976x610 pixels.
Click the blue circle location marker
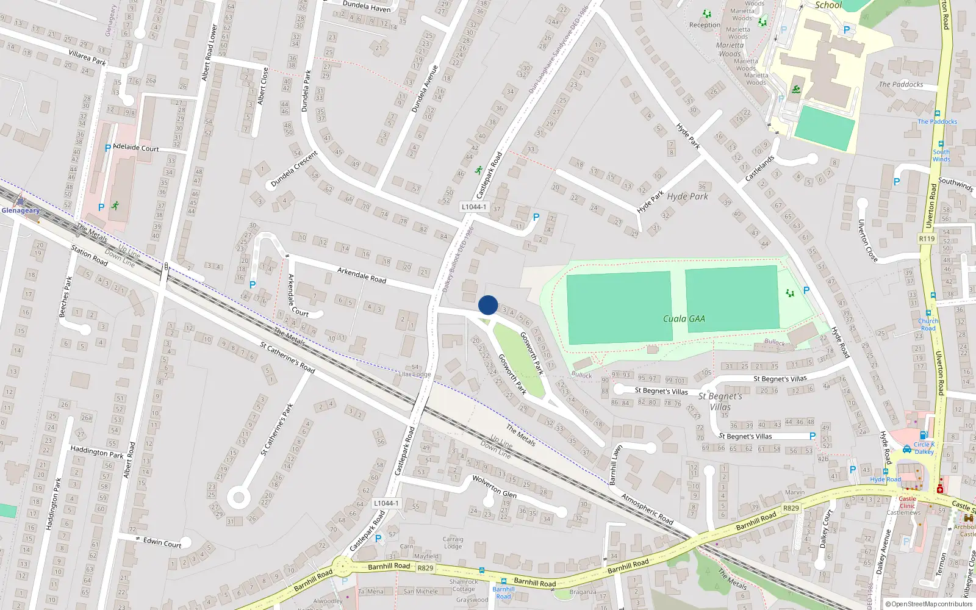pyautogui.click(x=488, y=305)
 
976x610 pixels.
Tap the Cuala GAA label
pyautogui.click(x=684, y=318)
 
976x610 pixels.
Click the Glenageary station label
pyautogui.click(x=20, y=210)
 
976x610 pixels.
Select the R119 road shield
pyautogui.click(x=927, y=239)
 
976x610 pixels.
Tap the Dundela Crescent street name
pyautogui.click(x=294, y=169)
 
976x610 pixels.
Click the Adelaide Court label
pyautogui.click(x=136, y=148)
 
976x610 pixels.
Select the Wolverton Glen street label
pyautogui.click(x=494, y=487)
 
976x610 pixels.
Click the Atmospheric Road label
pyautogui.click(x=647, y=509)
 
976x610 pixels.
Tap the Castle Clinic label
pyautogui.click(x=907, y=502)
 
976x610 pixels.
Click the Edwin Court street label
pyautogui.click(x=162, y=542)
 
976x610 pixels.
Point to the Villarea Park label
pyautogui.click(x=87, y=58)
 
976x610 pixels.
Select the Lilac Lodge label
pyautogui.click(x=415, y=374)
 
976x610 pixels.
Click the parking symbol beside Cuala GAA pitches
pyautogui.click(x=806, y=290)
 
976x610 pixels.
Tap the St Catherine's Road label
pyautogui.click(x=287, y=357)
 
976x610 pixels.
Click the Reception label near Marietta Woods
pyautogui.click(x=705, y=25)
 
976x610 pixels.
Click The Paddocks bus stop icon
pyautogui.click(x=937, y=113)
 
